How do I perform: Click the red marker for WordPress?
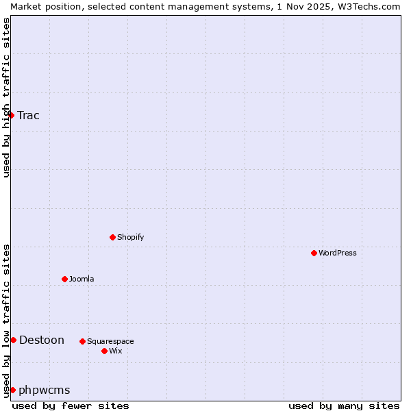pyautogui.click(x=314, y=253)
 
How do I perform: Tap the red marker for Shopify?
pyautogui.click(x=112, y=237)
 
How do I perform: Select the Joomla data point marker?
pyautogui.click(x=64, y=279)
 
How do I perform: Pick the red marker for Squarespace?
pyautogui.click(x=82, y=341)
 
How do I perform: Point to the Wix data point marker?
pyautogui.click(x=104, y=351)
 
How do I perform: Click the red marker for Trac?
pyautogui.click(x=12, y=115)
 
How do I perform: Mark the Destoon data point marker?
pyautogui.click(x=13, y=340)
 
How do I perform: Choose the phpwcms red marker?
pyautogui.click(x=12, y=390)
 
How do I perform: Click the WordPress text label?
pyautogui.click(x=338, y=253)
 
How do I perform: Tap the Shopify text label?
pyautogui.click(x=130, y=237)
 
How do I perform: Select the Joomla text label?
pyautogui.click(x=82, y=279)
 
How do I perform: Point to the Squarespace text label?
pyautogui.click(x=110, y=341)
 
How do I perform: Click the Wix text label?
pyautogui.click(x=116, y=351)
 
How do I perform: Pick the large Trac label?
pyautogui.click(x=29, y=115)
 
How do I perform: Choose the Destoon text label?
pyautogui.click(x=42, y=340)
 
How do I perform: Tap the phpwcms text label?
pyautogui.click(x=45, y=390)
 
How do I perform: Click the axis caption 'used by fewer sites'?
pyautogui.click(x=71, y=406)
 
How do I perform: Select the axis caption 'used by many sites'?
pyautogui.click(x=344, y=406)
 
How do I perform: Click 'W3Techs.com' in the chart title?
pyautogui.click(x=373, y=6)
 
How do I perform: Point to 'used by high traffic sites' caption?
pyautogui.click(x=6, y=97)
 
